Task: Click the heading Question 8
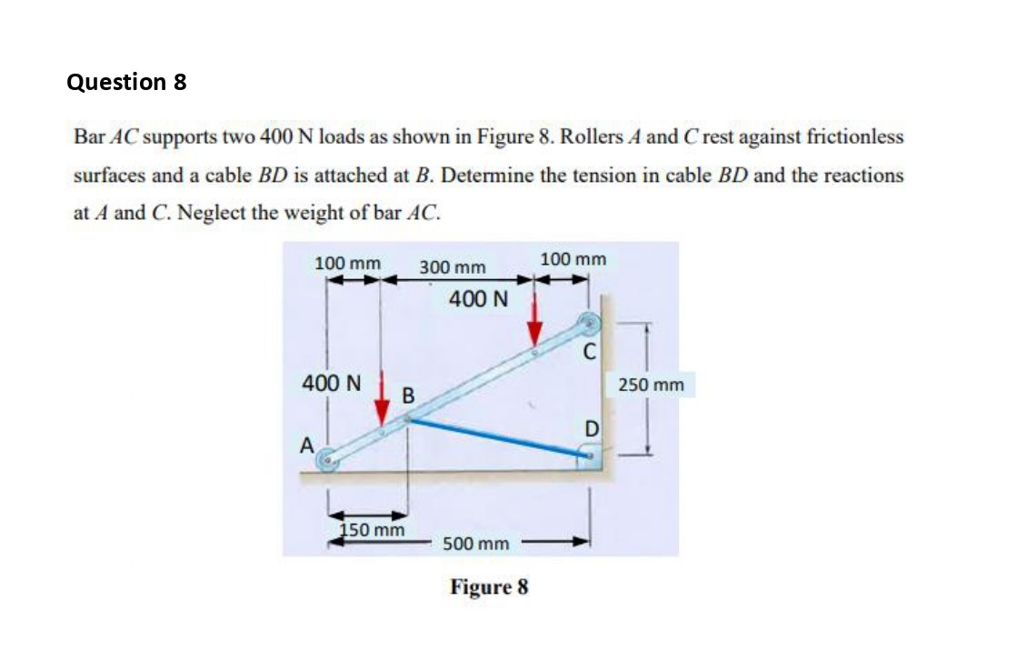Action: [126, 82]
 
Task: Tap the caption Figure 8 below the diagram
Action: [488, 587]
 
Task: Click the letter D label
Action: [591, 428]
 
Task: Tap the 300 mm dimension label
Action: [453, 267]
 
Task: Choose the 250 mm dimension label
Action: [651, 386]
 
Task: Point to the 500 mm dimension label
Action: [475, 544]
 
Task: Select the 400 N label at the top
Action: [478, 299]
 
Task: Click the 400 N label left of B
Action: [331, 383]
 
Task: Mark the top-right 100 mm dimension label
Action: [573, 260]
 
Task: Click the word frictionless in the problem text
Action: [852, 137]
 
